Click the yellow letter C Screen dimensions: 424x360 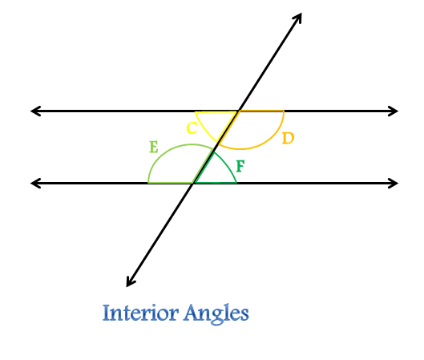[x=192, y=128]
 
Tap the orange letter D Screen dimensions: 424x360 [x=288, y=138]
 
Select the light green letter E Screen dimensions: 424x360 [x=154, y=148]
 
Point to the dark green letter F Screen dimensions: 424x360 [x=240, y=166]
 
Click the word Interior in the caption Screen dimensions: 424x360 [x=140, y=313]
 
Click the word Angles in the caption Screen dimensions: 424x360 [x=216, y=313]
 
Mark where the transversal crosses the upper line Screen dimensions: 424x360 [x=238, y=111]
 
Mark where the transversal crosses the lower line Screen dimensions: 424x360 [x=193, y=183]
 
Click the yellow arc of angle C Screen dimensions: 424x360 [x=204, y=129]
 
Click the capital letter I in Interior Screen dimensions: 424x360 [x=106, y=313]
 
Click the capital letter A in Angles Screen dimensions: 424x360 [x=192, y=312]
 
